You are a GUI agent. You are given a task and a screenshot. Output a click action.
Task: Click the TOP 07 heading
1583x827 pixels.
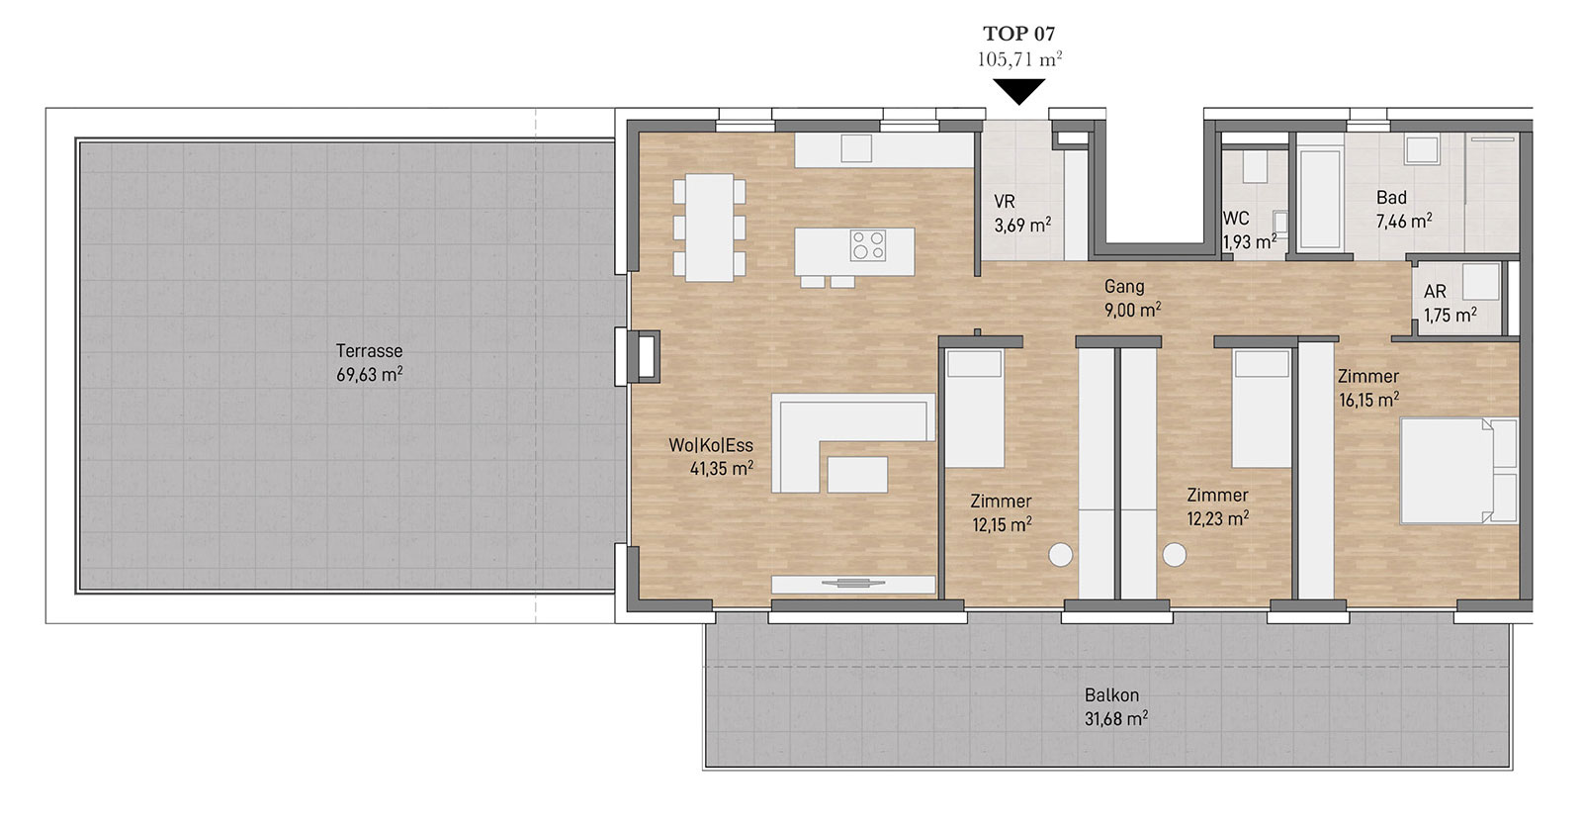(x=1019, y=34)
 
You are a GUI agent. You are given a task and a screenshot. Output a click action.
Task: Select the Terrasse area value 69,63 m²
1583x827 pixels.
(x=369, y=374)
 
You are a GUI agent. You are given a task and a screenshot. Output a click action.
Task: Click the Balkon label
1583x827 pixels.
(x=1111, y=694)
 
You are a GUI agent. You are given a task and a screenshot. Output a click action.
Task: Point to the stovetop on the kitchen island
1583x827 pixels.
(x=868, y=246)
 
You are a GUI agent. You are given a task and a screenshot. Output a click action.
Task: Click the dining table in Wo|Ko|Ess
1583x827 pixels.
(x=709, y=227)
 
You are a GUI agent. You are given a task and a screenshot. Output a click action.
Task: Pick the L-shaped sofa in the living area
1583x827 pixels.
(x=853, y=442)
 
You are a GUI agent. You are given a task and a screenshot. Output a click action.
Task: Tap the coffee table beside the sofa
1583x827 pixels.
(x=857, y=474)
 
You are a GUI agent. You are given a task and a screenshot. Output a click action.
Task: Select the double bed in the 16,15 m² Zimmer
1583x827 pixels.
(x=1458, y=471)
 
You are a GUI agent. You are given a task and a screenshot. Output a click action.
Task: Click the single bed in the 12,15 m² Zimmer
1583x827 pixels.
(x=975, y=408)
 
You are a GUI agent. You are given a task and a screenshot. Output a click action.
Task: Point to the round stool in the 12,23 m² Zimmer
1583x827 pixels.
(x=1175, y=555)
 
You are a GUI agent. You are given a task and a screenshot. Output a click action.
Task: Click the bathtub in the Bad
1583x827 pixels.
(x=1320, y=198)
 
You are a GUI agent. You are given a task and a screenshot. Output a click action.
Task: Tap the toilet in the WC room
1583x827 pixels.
(x=1255, y=166)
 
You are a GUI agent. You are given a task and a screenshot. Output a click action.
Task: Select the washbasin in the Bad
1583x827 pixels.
(x=1422, y=149)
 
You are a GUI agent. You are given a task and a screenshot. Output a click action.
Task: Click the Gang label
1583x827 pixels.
(x=1123, y=286)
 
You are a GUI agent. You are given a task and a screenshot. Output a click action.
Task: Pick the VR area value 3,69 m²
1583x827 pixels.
(x=1022, y=225)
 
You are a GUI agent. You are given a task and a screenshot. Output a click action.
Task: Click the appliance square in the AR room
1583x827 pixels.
(x=1480, y=281)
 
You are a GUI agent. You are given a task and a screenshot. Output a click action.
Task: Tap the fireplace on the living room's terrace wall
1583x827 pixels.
(x=646, y=357)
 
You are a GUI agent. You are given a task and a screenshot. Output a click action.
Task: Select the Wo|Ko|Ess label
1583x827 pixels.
(x=711, y=445)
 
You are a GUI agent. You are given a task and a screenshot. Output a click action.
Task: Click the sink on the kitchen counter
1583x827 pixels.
(x=856, y=148)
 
